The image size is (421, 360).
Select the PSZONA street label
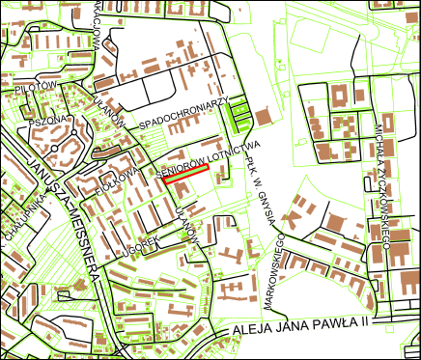(x=48, y=122)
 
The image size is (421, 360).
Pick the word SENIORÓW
(x=181, y=162)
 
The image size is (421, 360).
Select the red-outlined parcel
(x=185, y=174)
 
